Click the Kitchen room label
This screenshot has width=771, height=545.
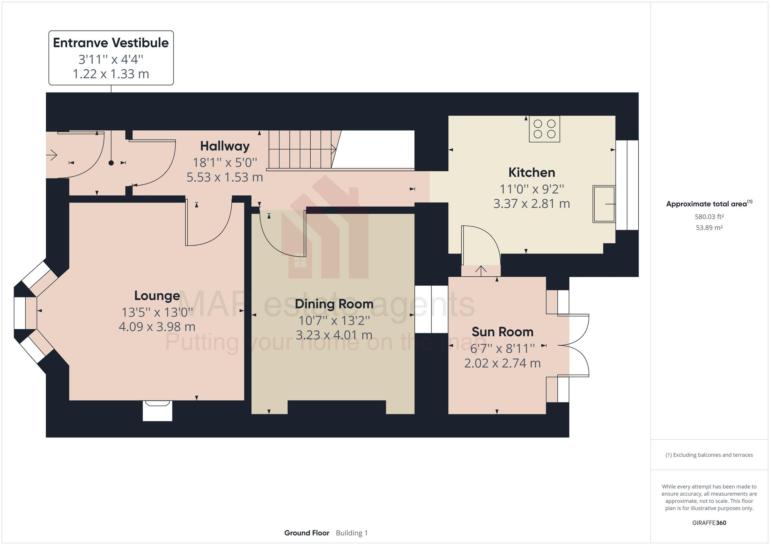(x=531, y=172)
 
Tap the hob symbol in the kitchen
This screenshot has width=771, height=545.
(x=544, y=129)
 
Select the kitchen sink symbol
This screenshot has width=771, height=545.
(x=603, y=204)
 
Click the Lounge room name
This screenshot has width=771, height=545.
(x=157, y=296)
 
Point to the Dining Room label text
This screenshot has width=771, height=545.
(x=334, y=304)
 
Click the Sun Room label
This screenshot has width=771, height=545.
(x=502, y=332)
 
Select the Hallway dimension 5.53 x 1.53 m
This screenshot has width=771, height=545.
(x=225, y=177)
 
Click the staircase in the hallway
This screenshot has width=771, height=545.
(x=301, y=149)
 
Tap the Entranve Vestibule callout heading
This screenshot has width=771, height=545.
(x=111, y=43)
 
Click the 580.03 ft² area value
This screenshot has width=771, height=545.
(x=709, y=217)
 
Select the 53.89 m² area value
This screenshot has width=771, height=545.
(x=709, y=228)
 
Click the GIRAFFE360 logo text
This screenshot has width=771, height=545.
(x=709, y=523)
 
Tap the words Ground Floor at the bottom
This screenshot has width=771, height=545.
(x=306, y=533)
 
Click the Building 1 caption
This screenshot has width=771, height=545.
(x=351, y=533)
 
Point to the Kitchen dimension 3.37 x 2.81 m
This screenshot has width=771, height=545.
(x=531, y=204)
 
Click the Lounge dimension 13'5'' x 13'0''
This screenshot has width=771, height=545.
(x=157, y=312)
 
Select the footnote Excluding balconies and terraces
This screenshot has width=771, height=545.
(x=709, y=455)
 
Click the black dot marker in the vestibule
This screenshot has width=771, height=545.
(x=111, y=163)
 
